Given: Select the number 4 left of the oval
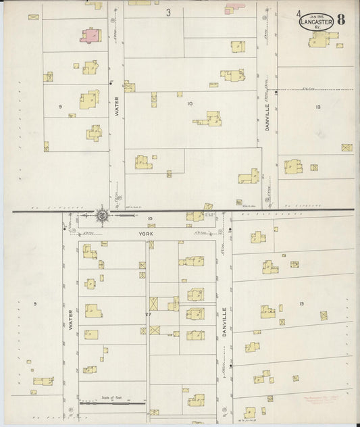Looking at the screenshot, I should coord(280,14).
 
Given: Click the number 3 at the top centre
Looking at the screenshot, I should coord(168,12).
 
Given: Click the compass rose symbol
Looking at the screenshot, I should coord(103,216).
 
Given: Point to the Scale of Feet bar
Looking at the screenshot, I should coord(113,403).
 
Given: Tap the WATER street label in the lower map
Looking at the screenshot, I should coord(70,320).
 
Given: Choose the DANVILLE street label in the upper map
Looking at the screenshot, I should coord(267,116).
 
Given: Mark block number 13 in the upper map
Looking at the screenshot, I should coord(317,107).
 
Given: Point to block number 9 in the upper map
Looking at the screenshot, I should coord(60,107).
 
